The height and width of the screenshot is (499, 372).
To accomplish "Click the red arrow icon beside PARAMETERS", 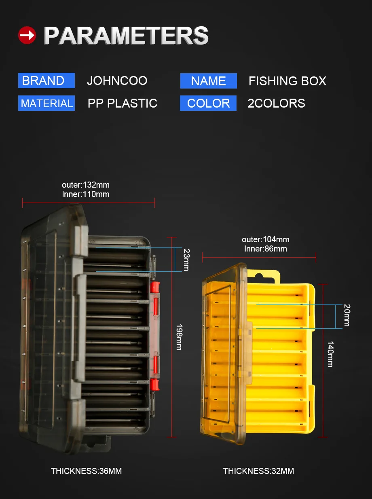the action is [27, 36].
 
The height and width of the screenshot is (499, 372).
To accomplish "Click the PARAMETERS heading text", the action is [126, 36].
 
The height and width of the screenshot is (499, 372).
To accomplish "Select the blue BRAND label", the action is [46, 80].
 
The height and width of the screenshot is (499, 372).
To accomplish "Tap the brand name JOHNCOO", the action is [117, 80].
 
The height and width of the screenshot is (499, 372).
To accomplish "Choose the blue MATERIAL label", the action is [46, 104].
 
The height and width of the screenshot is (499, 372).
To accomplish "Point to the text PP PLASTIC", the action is [122, 104].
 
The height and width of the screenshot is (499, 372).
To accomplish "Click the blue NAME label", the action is [208, 81].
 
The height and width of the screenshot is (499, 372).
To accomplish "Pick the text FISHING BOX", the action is [287, 81].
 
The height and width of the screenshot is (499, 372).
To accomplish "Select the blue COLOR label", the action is [208, 104].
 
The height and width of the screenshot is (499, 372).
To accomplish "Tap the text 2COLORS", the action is [276, 104].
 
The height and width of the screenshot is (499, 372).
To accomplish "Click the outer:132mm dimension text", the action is [86, 185].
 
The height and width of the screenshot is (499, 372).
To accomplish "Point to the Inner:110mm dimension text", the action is [86, 194].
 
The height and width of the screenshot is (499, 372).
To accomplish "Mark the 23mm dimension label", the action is [186, 260].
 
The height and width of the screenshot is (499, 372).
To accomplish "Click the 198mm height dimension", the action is [178, 336].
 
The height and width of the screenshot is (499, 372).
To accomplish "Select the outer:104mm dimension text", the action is [266, 239].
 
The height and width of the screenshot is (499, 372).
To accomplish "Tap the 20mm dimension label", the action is [346, 315].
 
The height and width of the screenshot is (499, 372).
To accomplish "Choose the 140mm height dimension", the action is [330, 354].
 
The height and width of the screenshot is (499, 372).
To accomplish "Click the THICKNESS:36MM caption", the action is [86, 471].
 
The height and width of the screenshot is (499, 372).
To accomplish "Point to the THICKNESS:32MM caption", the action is [258, 471].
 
